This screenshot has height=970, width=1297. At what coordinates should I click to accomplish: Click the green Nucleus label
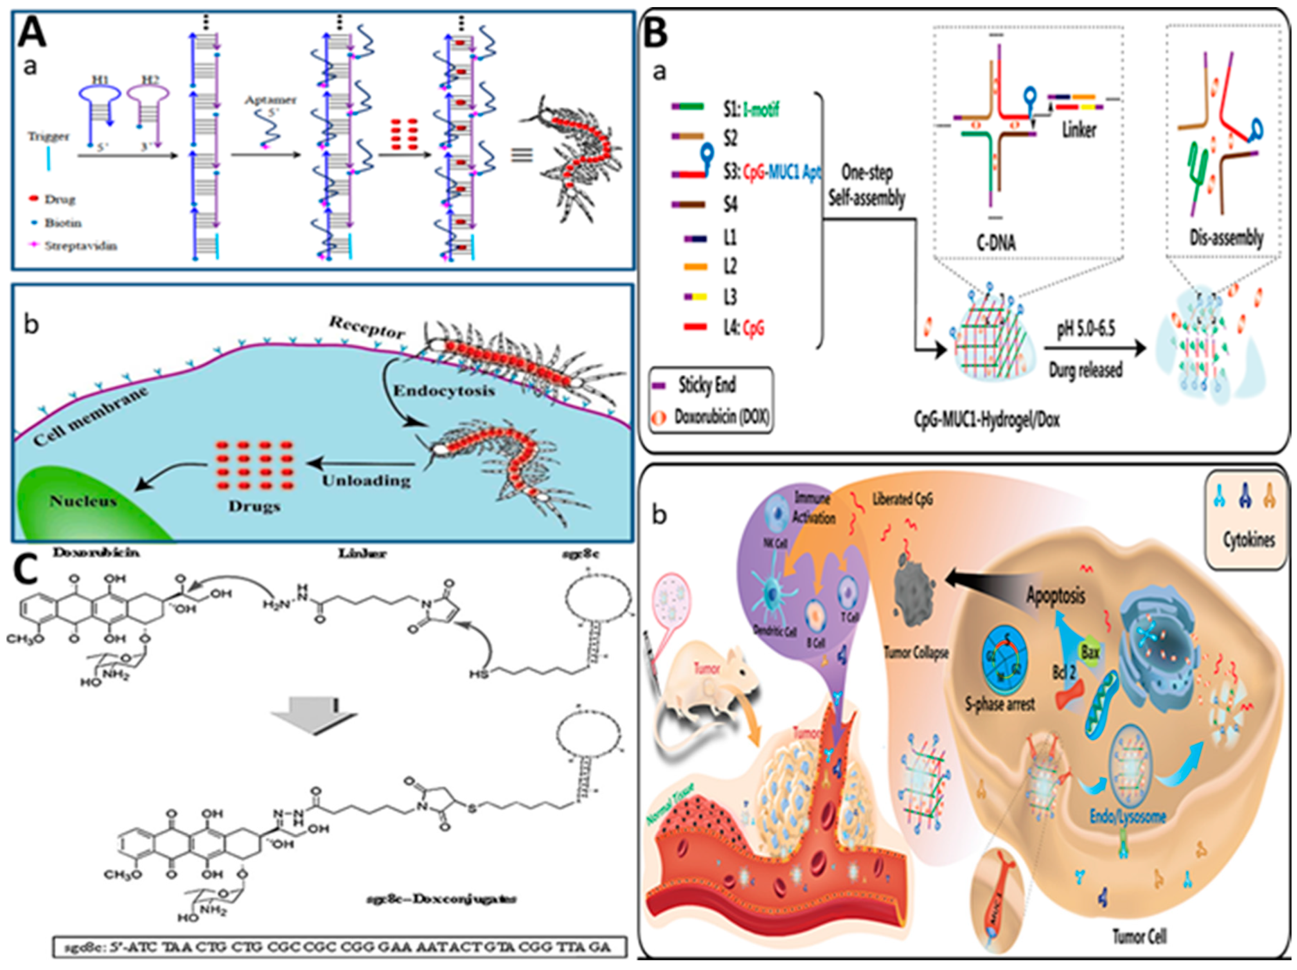pyautogui.click(x=83, y=501)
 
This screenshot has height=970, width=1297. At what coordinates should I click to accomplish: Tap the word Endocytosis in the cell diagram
pyautogui.click(x=444, y=391)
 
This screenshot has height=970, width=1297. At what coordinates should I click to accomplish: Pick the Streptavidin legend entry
pyautogui.click(x=80, y=246)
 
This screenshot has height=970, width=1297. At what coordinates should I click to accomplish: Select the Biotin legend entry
pyautogui.click(x=63, y=223)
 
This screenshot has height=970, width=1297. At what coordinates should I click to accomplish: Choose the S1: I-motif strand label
pyautogui.click(x=751, y=108)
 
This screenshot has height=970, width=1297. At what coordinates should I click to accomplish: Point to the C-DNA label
pyautogui.click(x=996, y=242)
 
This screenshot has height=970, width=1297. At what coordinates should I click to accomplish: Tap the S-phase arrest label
pyautogui.click(x=1000, y=703)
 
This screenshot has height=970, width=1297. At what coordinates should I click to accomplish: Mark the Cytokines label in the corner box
pyautogui.click(x=1248, y=540)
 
